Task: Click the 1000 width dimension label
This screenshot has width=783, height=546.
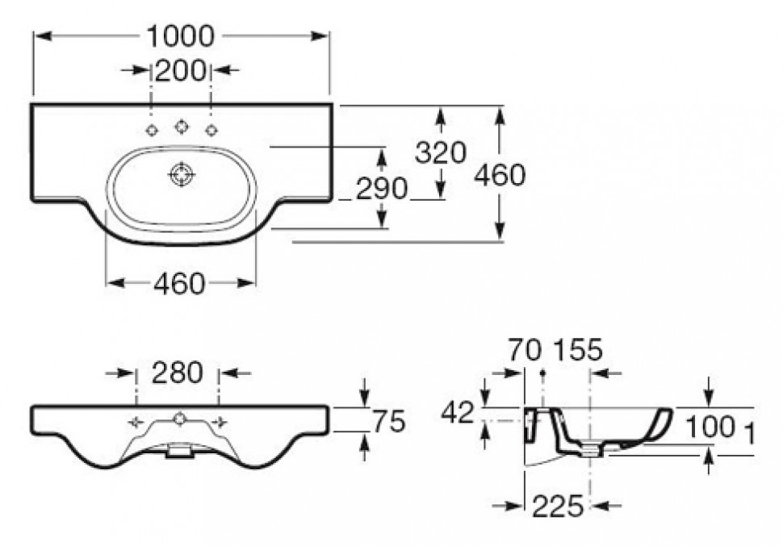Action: (180, 36)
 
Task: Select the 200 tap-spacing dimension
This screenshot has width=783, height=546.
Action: (180, 70)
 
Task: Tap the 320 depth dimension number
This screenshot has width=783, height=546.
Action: (441, 152)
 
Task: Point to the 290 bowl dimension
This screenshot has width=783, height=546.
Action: (382, 189)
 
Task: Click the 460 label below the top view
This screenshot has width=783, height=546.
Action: (179, 284)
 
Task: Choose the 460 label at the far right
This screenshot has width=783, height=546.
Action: (500, 175)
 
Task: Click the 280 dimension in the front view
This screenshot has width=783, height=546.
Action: (178, 373)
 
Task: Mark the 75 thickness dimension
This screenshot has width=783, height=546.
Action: (389, 423)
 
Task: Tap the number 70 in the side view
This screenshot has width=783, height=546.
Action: (525, 350)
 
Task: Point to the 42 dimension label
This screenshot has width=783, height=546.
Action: (458, 413)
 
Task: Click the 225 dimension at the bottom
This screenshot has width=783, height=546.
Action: (558, 507)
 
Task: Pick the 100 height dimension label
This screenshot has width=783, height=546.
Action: (710, 427)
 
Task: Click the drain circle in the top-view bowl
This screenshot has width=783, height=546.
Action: (181, 175)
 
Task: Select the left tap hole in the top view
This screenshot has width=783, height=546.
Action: (151, 131)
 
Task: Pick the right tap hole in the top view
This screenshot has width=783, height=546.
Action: (211, 131)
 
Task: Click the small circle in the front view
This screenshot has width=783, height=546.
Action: (179, 419)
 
